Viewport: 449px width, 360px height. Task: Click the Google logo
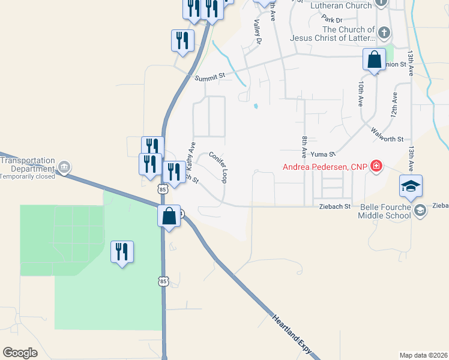point(20,353)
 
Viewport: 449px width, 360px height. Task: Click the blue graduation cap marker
point(411,187)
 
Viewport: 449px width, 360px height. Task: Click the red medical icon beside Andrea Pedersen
point(376,165)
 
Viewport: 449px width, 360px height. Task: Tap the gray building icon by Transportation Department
point(65,167)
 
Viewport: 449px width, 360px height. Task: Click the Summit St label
point(209,76)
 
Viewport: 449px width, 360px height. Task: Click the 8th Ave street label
point(305,147)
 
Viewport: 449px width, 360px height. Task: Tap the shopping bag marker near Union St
point(374,60)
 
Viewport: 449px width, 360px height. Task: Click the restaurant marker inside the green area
point(122,253)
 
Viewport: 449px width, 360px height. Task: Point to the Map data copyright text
point(423,355)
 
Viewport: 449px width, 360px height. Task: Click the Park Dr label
point(331,20)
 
